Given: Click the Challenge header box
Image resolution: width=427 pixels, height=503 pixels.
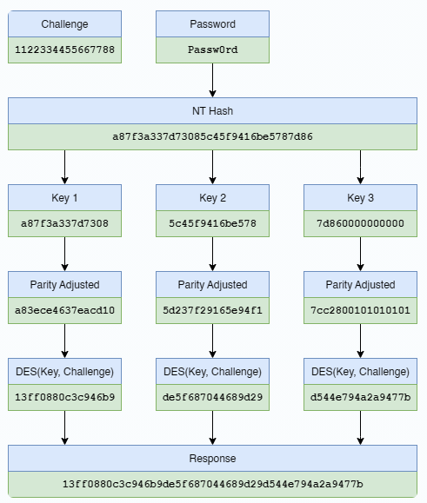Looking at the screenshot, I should click(x=65, y=24).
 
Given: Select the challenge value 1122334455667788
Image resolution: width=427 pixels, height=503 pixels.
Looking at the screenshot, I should click(x=65, y=50).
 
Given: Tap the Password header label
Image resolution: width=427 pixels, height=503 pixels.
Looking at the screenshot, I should click(x=213, y=24).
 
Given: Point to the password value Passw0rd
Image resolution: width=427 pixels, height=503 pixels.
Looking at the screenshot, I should click(x=213, y=50).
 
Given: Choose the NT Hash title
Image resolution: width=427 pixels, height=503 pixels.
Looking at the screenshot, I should click(x=213, y=111).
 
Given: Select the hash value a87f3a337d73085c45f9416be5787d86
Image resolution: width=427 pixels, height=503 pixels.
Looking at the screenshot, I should click(x=213, y=137).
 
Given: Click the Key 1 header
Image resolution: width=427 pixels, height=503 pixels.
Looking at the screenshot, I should click(x=65, y=198).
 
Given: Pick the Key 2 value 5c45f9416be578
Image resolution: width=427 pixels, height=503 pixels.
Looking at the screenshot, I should click(x=213, y=224).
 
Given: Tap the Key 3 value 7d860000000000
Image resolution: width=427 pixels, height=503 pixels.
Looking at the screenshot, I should click(x=361, y=224).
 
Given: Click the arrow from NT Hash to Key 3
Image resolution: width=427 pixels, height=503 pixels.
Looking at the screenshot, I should click(x=361, y=167).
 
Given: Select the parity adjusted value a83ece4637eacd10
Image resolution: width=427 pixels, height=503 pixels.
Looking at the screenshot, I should click(x=65, y=311).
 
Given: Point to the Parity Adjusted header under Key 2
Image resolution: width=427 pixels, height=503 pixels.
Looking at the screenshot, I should click(x=213, y=285).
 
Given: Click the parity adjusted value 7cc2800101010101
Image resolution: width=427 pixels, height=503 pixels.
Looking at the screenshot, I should click(x=361, y=311).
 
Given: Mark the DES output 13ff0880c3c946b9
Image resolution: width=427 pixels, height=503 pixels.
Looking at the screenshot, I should click(x=65, y=398).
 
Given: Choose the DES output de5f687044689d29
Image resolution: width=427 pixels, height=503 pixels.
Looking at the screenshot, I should click(x=213, y=398).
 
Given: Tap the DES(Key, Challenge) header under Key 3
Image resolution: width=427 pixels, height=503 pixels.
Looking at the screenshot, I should click(x=361, y=372).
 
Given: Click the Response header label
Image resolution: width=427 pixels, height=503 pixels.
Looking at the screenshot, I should click(x=213, y=458).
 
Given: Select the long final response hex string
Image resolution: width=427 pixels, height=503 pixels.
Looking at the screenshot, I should click(x=213, y=484).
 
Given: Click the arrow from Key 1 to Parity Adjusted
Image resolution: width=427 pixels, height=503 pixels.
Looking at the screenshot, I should click(x=65, y=254).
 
